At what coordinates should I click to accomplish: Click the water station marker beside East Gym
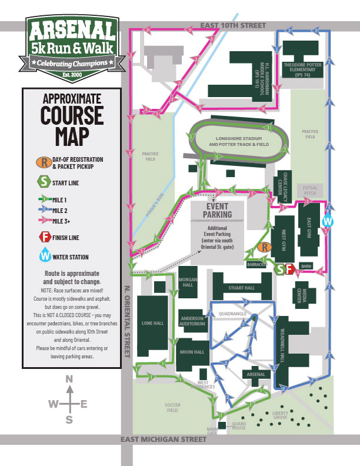pos(328,221)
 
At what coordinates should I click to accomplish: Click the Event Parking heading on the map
pos(218,210)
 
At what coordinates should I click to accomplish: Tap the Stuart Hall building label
pos(242,288)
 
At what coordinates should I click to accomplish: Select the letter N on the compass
pos(69,379)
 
